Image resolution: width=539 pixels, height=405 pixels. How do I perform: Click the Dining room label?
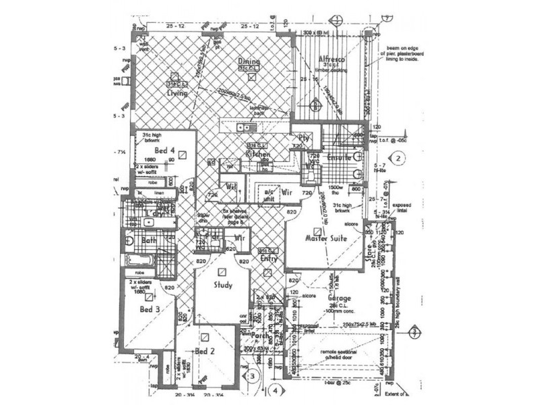(249, 61)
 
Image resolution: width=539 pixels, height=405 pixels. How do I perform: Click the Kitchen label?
(258, 155)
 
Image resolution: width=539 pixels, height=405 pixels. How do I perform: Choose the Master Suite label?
(325, 238)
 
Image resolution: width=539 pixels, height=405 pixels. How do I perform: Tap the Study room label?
(223, 286)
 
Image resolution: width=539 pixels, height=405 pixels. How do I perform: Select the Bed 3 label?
(150, 309)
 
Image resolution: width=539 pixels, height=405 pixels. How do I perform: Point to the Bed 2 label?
(205, 352)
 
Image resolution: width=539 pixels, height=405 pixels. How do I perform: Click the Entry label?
(269, 259)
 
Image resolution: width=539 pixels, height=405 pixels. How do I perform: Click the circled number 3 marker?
(251, 375)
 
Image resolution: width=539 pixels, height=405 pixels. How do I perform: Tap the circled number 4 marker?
(274, 390)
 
